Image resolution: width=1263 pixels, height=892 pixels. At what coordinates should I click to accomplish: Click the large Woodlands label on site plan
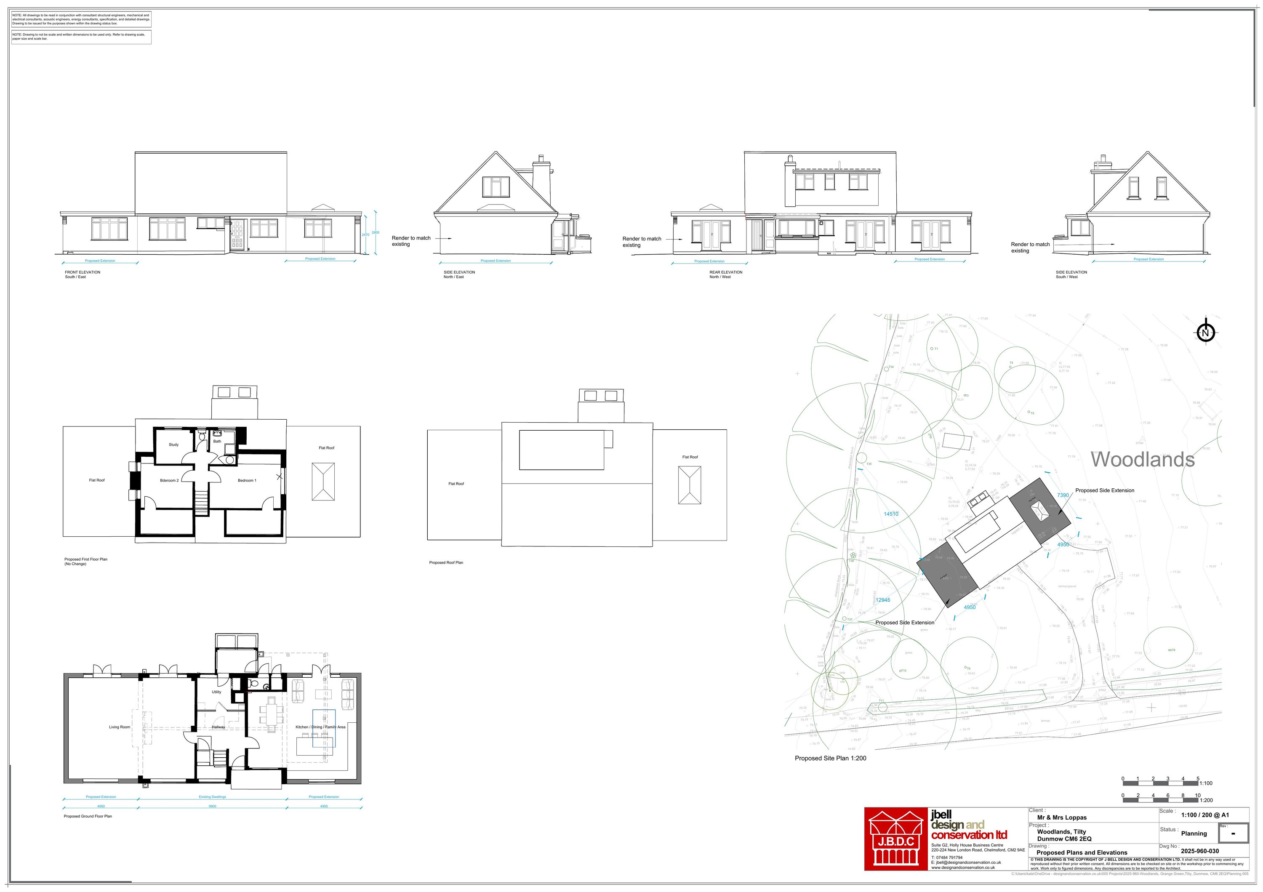point(1142,459)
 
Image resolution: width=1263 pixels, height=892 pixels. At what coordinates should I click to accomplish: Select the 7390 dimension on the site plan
point(1063,495)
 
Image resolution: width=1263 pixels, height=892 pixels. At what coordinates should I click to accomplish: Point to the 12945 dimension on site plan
point(883,600)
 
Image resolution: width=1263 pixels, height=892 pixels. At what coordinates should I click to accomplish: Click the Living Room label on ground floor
point(120,727)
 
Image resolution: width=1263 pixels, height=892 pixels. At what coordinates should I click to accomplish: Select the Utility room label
point(216,692)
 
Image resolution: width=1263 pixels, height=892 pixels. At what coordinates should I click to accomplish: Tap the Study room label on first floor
point(173,445)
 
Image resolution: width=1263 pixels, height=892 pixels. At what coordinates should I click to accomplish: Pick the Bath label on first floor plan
point(217,441)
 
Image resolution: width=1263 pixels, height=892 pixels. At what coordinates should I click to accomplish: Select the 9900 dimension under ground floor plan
point(212,806)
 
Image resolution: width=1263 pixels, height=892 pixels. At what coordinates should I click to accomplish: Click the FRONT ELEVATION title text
point(83,272)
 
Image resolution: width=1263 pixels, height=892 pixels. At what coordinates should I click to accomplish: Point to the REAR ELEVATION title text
point(725,272)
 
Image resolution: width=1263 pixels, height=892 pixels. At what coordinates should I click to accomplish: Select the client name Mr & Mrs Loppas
point(1062,817)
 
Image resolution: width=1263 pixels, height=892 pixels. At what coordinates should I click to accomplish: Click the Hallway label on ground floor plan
point(218,727)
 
